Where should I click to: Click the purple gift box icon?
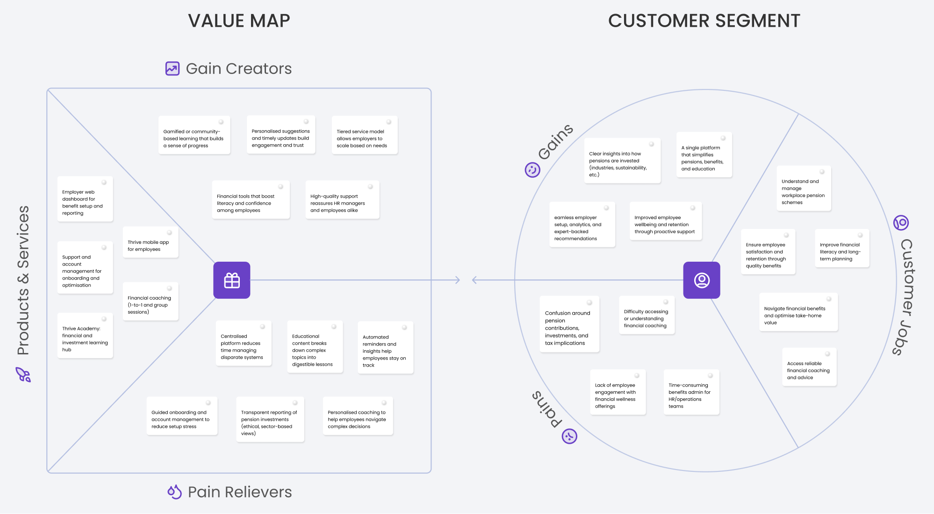pos(232,280)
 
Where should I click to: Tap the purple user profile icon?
pos(701,280)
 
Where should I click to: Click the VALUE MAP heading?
pos(239,21)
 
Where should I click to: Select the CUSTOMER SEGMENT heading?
pos(704,21)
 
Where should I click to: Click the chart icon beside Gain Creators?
pos(172,69)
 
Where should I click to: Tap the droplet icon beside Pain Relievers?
pos(174,492)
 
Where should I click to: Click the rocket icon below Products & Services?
pos(23,374)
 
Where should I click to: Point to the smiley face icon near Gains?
pos(532,169)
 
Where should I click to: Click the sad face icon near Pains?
pos(569,436)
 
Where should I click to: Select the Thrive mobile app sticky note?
pos(151,242)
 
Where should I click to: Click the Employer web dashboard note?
pos(85,199)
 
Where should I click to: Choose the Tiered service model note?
pos(364,135)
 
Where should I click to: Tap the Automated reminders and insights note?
pos(385,347)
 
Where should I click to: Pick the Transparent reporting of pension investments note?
pos(270,419)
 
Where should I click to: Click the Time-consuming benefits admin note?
pos(691,392)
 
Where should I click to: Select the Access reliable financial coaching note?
pos(809,367)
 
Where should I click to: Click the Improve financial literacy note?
pos(841,249)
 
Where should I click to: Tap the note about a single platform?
pos(704,155)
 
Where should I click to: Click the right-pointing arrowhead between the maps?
pos(458,280)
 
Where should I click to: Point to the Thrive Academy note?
pos(85,336)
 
